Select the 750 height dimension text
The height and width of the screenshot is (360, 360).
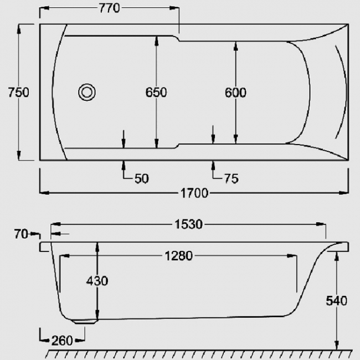(18, 92)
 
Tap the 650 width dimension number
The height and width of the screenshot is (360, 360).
(157, 92)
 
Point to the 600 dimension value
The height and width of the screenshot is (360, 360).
(235, 92)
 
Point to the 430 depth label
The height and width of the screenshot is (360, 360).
(97, 281)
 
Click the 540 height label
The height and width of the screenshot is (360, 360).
(336, 301)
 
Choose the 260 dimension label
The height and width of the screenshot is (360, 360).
(61, 340)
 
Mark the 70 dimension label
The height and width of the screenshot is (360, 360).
(20, 234)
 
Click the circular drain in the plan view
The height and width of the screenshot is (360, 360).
(87, 91)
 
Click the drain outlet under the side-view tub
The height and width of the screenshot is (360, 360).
(86, 320)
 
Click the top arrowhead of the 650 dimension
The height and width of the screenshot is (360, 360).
(157, 39)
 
